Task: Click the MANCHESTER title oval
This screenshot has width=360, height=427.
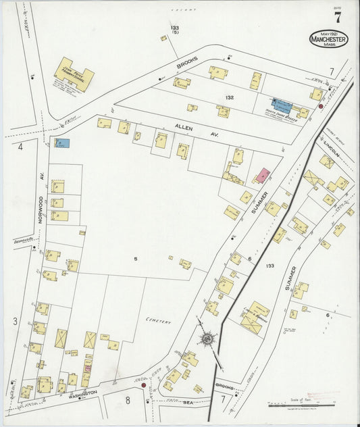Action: (329, 39)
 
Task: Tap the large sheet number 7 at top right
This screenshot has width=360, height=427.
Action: (337, 18)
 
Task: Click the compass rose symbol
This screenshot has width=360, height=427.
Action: (206, 338)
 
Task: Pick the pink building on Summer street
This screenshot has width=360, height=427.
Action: (262, 175)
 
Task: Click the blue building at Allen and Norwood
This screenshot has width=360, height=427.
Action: (62, 143)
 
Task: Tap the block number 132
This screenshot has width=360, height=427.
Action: (230, 98)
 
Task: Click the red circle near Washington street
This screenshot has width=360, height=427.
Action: (143, 386)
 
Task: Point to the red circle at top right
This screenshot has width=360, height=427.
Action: (320, 106)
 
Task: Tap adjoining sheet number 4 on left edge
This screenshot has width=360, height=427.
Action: (21, 146)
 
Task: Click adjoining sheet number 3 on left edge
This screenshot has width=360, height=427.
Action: (15, 322)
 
